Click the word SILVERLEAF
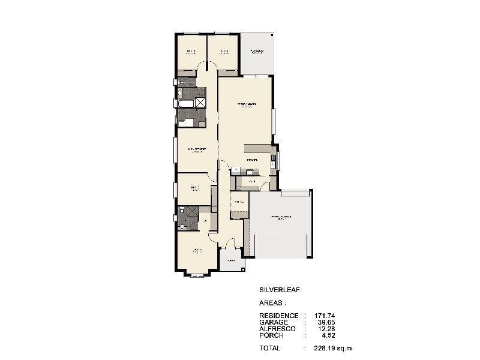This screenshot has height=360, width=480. (279, 289)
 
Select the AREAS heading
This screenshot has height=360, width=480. (272, 304)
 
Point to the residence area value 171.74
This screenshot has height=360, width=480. (325, 316)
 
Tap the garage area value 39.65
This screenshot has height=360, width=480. (326, 322)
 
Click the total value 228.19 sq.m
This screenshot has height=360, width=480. (332, 348)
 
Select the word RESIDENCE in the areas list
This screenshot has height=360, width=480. (278, 316)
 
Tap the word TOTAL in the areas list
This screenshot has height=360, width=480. (270, 348)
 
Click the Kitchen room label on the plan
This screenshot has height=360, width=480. (252, 160)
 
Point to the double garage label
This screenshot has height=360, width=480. (281, 217)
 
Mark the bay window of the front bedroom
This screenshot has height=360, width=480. (197, 275)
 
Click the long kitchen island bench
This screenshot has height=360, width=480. (259, 148)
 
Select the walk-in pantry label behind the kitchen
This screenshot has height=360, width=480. (253, 181)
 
